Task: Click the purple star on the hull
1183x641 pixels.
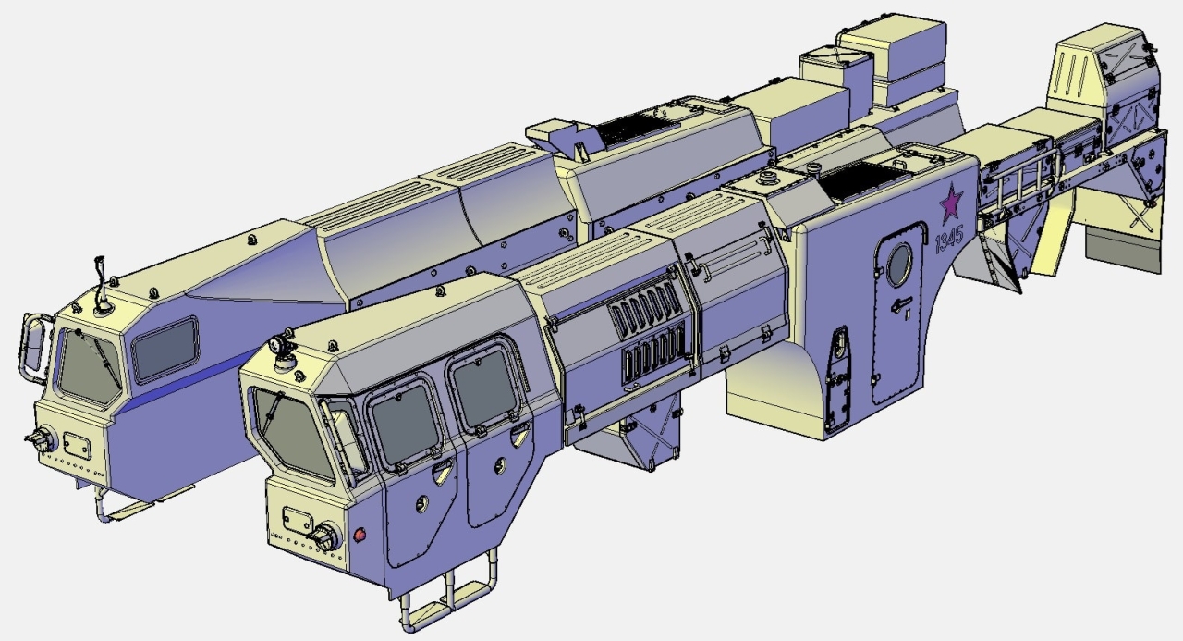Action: pos(951,202)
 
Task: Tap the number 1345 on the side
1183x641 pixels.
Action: pos(949,240)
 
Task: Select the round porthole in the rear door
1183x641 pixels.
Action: pos(899,265)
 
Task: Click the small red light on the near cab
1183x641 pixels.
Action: pos(360,535)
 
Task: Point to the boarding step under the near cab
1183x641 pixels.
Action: pos(449,598)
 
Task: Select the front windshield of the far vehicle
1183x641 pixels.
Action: pos(90,367)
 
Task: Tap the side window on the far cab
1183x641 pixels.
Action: pos(165,350)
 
